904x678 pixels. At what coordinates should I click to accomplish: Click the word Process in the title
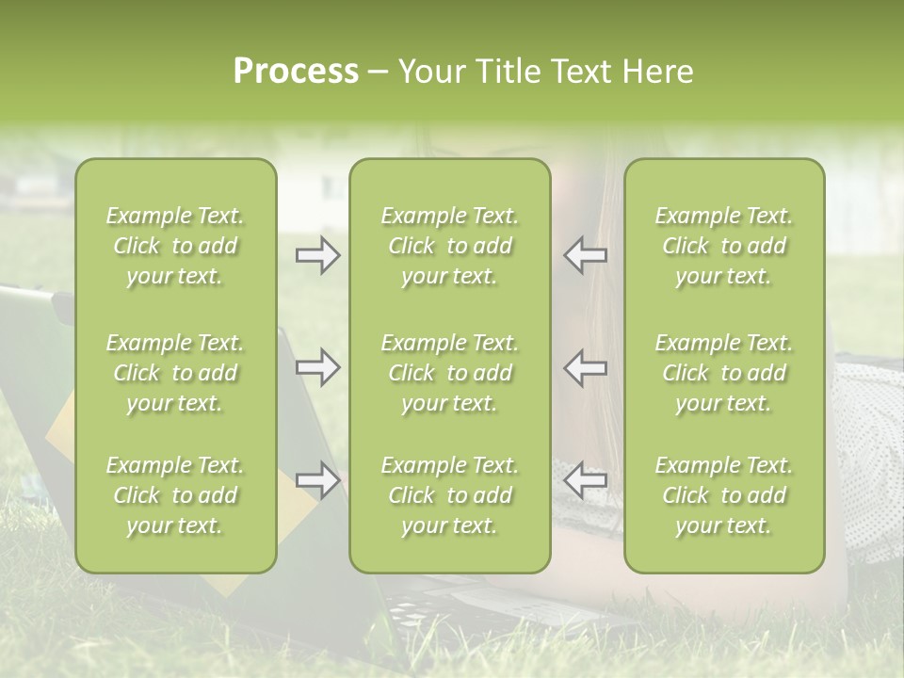[x=296, y=72]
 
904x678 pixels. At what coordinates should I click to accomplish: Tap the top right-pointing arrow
[x=317, y=255]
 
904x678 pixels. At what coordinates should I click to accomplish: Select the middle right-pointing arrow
[x=317, y=367]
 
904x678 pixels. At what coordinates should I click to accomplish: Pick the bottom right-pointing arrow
[x=317, y=480]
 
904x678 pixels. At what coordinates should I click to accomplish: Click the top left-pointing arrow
[x=586, y=255]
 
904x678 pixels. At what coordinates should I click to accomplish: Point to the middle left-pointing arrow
[x=586, y=367]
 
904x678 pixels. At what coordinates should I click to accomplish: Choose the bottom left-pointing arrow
[x=586, y=480]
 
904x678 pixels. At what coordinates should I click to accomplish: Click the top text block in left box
[x=175, y=246]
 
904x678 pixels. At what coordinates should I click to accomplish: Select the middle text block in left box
[x=175, y=373]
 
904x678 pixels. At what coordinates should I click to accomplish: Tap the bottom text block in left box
[x=175, y=495]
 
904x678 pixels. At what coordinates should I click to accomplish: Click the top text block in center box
[x=449, y=246]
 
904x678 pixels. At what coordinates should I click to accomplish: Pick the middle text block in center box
[x=449, y=373]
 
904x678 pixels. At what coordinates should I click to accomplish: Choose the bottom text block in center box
[x=449, y=495]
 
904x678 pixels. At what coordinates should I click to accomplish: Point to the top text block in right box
[x=723, y=246]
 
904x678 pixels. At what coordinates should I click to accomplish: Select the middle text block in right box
[x=723, y=373]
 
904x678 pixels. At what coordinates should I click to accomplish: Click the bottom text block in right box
[x=723, y=495]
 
